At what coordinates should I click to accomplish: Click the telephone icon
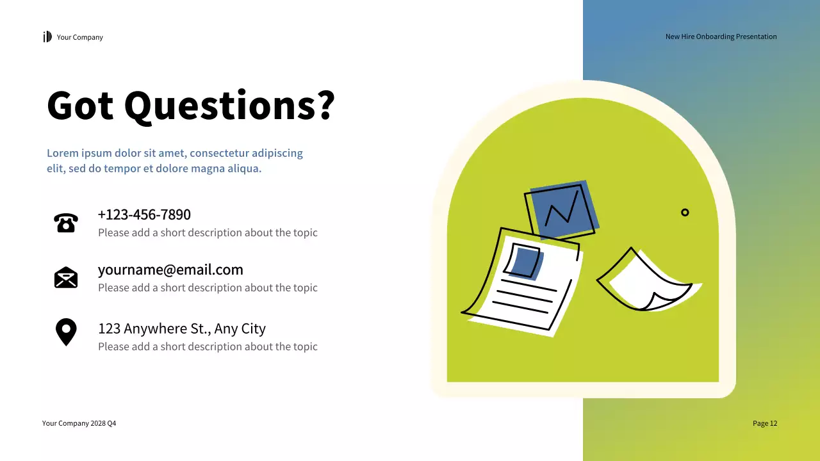66,223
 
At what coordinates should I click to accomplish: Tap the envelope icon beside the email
66,278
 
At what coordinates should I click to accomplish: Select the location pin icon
66,332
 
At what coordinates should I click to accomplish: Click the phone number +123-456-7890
144,214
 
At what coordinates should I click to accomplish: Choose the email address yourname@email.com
170,270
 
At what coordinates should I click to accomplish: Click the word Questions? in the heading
229,105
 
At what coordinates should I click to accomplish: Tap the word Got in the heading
80,105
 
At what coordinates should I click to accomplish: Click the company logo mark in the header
47,37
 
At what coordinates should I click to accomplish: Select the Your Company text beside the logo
79,37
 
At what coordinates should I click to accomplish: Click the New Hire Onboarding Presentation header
721,36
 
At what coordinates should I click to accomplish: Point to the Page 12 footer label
764,423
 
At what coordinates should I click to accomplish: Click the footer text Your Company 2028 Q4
79,423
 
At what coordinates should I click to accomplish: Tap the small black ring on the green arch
685,213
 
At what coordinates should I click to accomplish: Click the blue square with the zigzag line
563,208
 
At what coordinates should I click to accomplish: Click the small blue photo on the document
525,261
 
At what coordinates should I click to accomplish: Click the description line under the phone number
208,232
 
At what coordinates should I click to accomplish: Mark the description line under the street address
208,346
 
